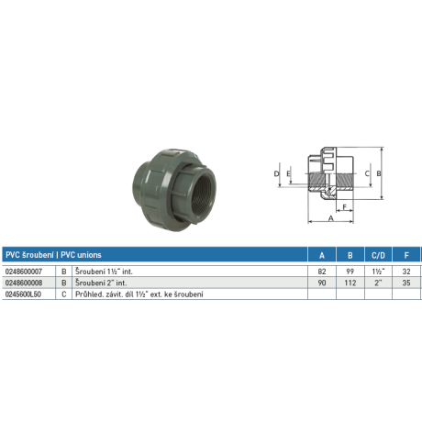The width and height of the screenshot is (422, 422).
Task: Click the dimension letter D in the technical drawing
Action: point(276,172)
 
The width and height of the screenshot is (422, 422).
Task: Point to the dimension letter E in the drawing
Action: point(288,172)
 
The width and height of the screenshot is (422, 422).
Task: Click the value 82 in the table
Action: point(319,272)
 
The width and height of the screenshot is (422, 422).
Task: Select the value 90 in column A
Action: point(319,283)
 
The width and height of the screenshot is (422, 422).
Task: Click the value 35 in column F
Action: point(404,283)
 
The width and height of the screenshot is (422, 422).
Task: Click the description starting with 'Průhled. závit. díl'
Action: point(138,294)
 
